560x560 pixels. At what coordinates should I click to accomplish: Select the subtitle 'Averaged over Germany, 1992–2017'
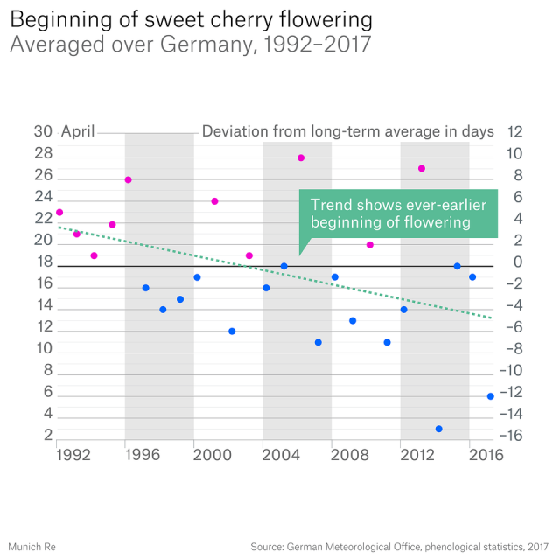(189, 45)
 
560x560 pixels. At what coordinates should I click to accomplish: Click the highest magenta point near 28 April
(301, 157)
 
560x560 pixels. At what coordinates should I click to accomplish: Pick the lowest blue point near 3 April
(438, 429)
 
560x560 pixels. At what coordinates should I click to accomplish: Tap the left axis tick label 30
(43, 132)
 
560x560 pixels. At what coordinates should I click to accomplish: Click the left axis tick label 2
(47, 435)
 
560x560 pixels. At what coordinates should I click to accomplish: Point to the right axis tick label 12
(514, 132)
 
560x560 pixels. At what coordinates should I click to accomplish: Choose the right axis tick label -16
(514, 435)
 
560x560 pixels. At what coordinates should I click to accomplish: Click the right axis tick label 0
(518, 262)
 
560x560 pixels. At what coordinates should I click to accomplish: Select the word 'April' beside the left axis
(78, 132)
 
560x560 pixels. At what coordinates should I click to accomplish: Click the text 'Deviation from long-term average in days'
(348, 132)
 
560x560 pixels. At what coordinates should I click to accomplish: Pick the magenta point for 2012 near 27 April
(422, 168)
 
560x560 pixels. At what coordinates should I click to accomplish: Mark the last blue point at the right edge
(490, 396)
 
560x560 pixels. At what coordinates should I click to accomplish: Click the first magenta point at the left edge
(59, 212)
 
